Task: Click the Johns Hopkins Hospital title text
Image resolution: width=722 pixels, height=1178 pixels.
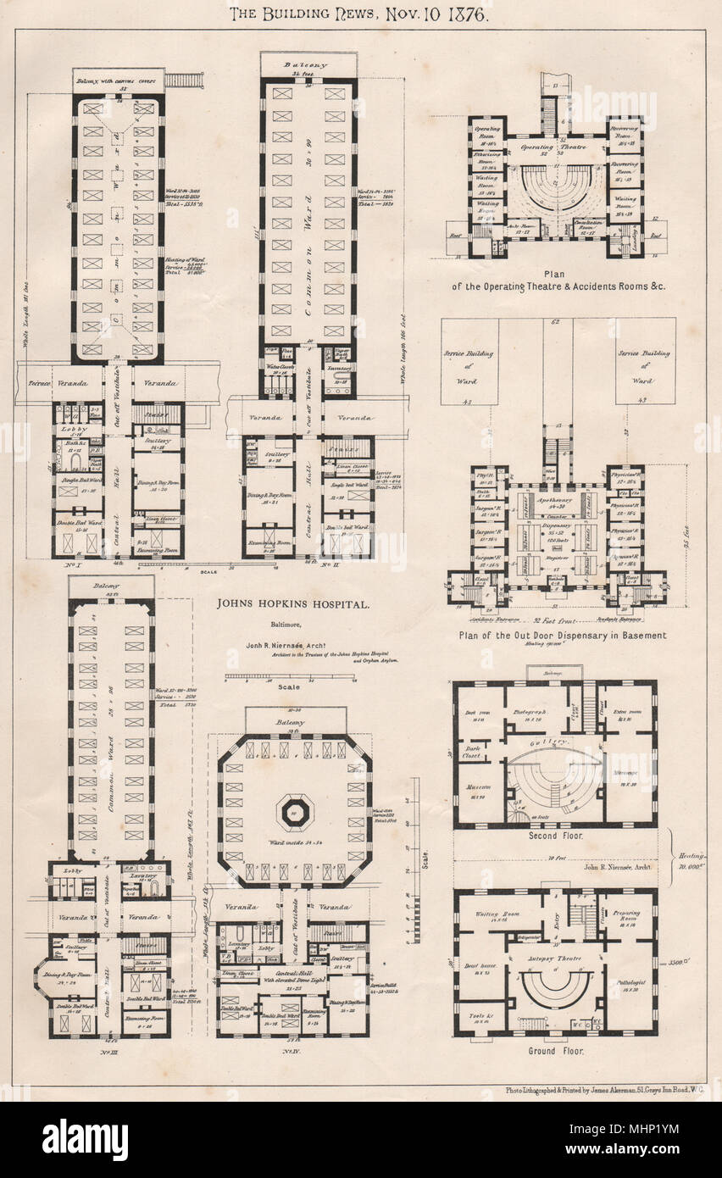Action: click(x=292, y=606)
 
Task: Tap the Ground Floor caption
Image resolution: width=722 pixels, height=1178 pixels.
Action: click(x=555, y=1050)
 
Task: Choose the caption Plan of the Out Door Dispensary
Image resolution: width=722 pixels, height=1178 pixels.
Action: click(x=562, y=634)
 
